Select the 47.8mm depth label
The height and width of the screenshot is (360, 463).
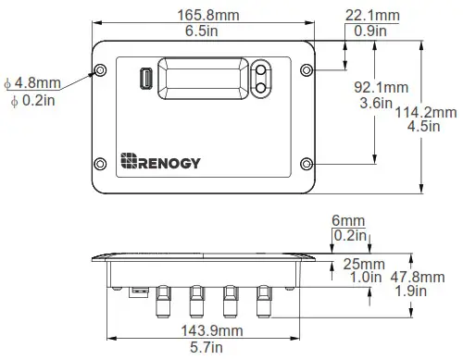coord(433,277)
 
